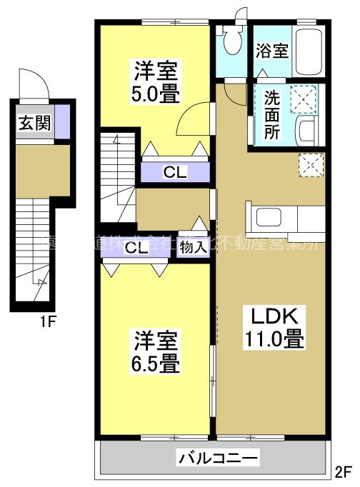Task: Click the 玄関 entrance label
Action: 34,122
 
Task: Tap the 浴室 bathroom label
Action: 271,51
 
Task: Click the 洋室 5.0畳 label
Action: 154,82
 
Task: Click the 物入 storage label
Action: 193,248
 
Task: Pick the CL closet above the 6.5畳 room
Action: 136,248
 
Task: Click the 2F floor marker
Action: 344,471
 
